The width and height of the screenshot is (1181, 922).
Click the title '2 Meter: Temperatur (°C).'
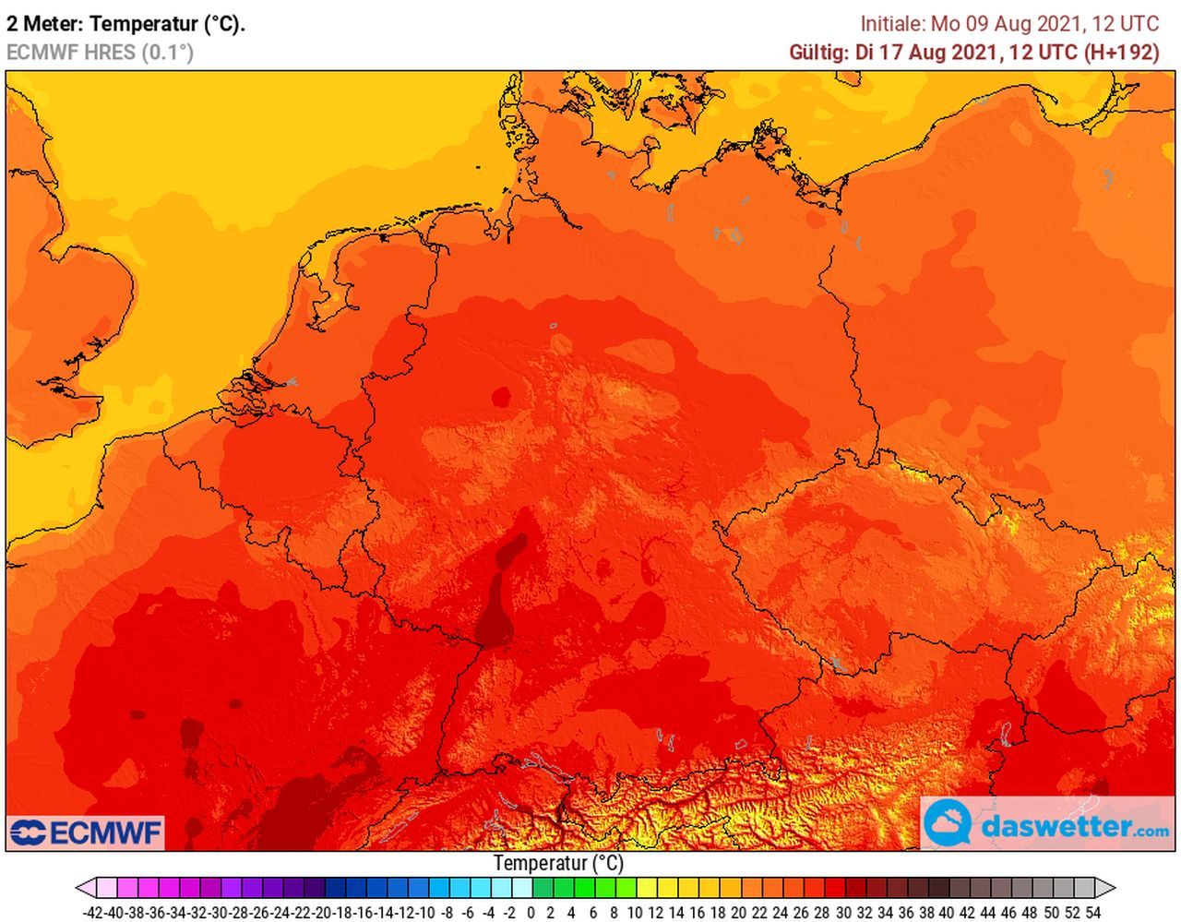point(125,24)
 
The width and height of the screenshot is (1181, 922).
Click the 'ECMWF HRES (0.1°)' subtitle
point(100,53)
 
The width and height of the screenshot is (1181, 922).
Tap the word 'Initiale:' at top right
point(892,24)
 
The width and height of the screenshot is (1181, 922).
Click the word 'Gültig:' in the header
point(818,53)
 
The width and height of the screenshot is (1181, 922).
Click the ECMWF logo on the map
point(86,832)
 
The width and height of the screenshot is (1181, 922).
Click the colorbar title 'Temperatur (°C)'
point(558,864)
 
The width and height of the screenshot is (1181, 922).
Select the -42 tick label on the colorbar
point(93,913)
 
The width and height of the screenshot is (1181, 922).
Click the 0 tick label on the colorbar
point(531,913)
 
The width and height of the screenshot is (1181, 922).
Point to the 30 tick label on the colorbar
point(842,913)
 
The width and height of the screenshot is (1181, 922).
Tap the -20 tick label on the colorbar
point(322,913)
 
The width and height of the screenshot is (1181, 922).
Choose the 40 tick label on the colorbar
point(947,913)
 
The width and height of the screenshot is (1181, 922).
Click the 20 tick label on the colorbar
point(738,913)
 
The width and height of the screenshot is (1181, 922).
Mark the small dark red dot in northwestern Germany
point(501,398)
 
